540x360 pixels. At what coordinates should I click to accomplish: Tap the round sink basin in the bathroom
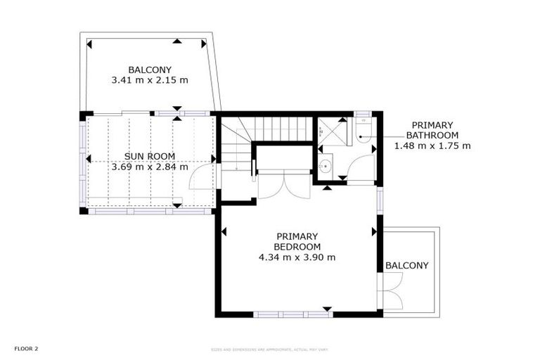click(326, 167)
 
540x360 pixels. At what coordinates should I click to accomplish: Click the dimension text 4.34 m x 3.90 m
click(297, 257)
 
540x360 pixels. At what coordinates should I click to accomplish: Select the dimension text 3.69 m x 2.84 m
click(150, 167)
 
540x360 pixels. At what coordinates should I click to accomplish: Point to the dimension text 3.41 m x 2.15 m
click(150, 80)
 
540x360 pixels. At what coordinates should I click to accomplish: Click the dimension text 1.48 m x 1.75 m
click(432, 146)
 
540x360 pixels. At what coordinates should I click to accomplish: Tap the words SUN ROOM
click(150, 156)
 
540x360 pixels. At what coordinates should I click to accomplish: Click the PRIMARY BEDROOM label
click(297, 241)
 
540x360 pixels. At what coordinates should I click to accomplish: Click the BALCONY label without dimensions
click(406, 265)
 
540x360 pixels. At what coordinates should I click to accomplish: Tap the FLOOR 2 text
click(25, 348)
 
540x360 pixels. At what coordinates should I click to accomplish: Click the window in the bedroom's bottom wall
click(292, 314)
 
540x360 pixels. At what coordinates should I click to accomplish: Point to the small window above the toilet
click(362, 113)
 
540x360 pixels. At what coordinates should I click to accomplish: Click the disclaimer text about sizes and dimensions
click(270, 349)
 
